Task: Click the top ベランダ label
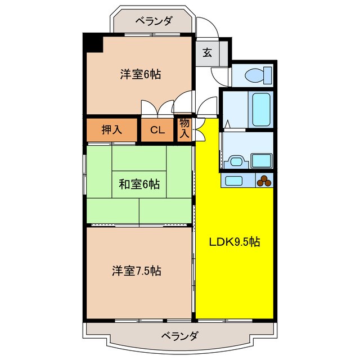pyautogui.click(x=154, y=21)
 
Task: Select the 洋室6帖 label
pyautogui.click(x=139, y=74)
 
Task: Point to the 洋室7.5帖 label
pyautogui.click(x=136, y=271)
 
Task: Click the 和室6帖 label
pyautogui.click(x=138, y=183)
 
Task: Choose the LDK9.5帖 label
pyautogui.click(x=235, y=242)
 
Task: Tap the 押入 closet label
pyautogui.click(x=111, y=130)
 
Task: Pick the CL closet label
pyautogui.click(x=157, y=130)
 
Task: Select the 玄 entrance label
pyautogui.click(x=207, y=53)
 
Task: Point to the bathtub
pyautogui.click(x=261, y=110)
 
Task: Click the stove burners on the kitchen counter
pyautogui.click(x=264, y=181)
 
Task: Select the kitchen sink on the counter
pyautogui.click(x=235, y=181)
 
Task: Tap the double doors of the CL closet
pyautogui.click(x=157, y=108)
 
